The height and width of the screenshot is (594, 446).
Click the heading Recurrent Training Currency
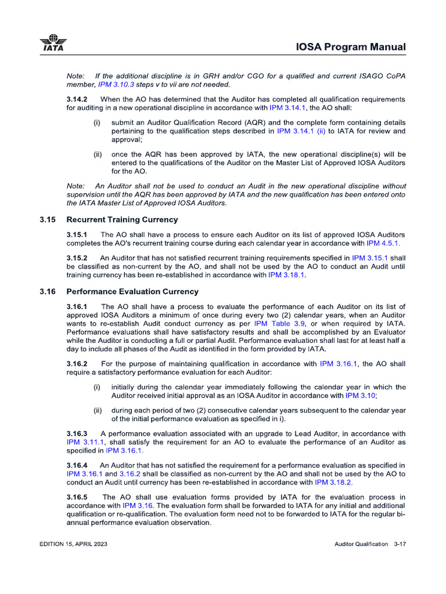point(122,220)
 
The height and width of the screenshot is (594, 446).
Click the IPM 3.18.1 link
point(286,275)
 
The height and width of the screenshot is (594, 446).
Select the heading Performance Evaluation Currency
point(132,292)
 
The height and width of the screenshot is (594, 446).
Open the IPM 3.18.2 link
point(333,483)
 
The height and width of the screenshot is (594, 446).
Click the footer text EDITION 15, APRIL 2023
point(73,544)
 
